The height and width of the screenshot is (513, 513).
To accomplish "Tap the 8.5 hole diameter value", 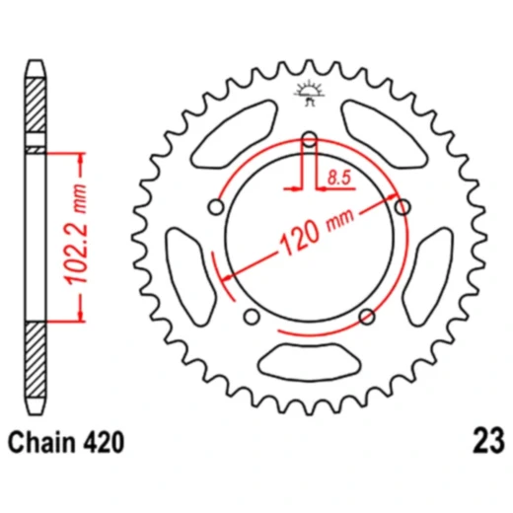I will click(x=337, y=179).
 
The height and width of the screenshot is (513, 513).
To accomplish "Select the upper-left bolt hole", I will click(x=215, y=207).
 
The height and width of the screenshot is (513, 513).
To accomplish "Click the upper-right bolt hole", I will click(x=402, y=207).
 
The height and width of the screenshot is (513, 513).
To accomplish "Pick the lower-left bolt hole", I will click(x=251, y=317).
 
